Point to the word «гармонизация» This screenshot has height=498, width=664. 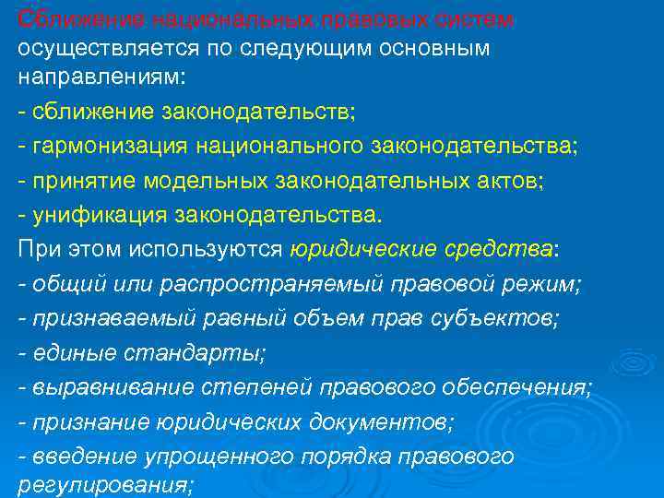point(101,146)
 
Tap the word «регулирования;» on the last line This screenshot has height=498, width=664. point(105,486)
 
